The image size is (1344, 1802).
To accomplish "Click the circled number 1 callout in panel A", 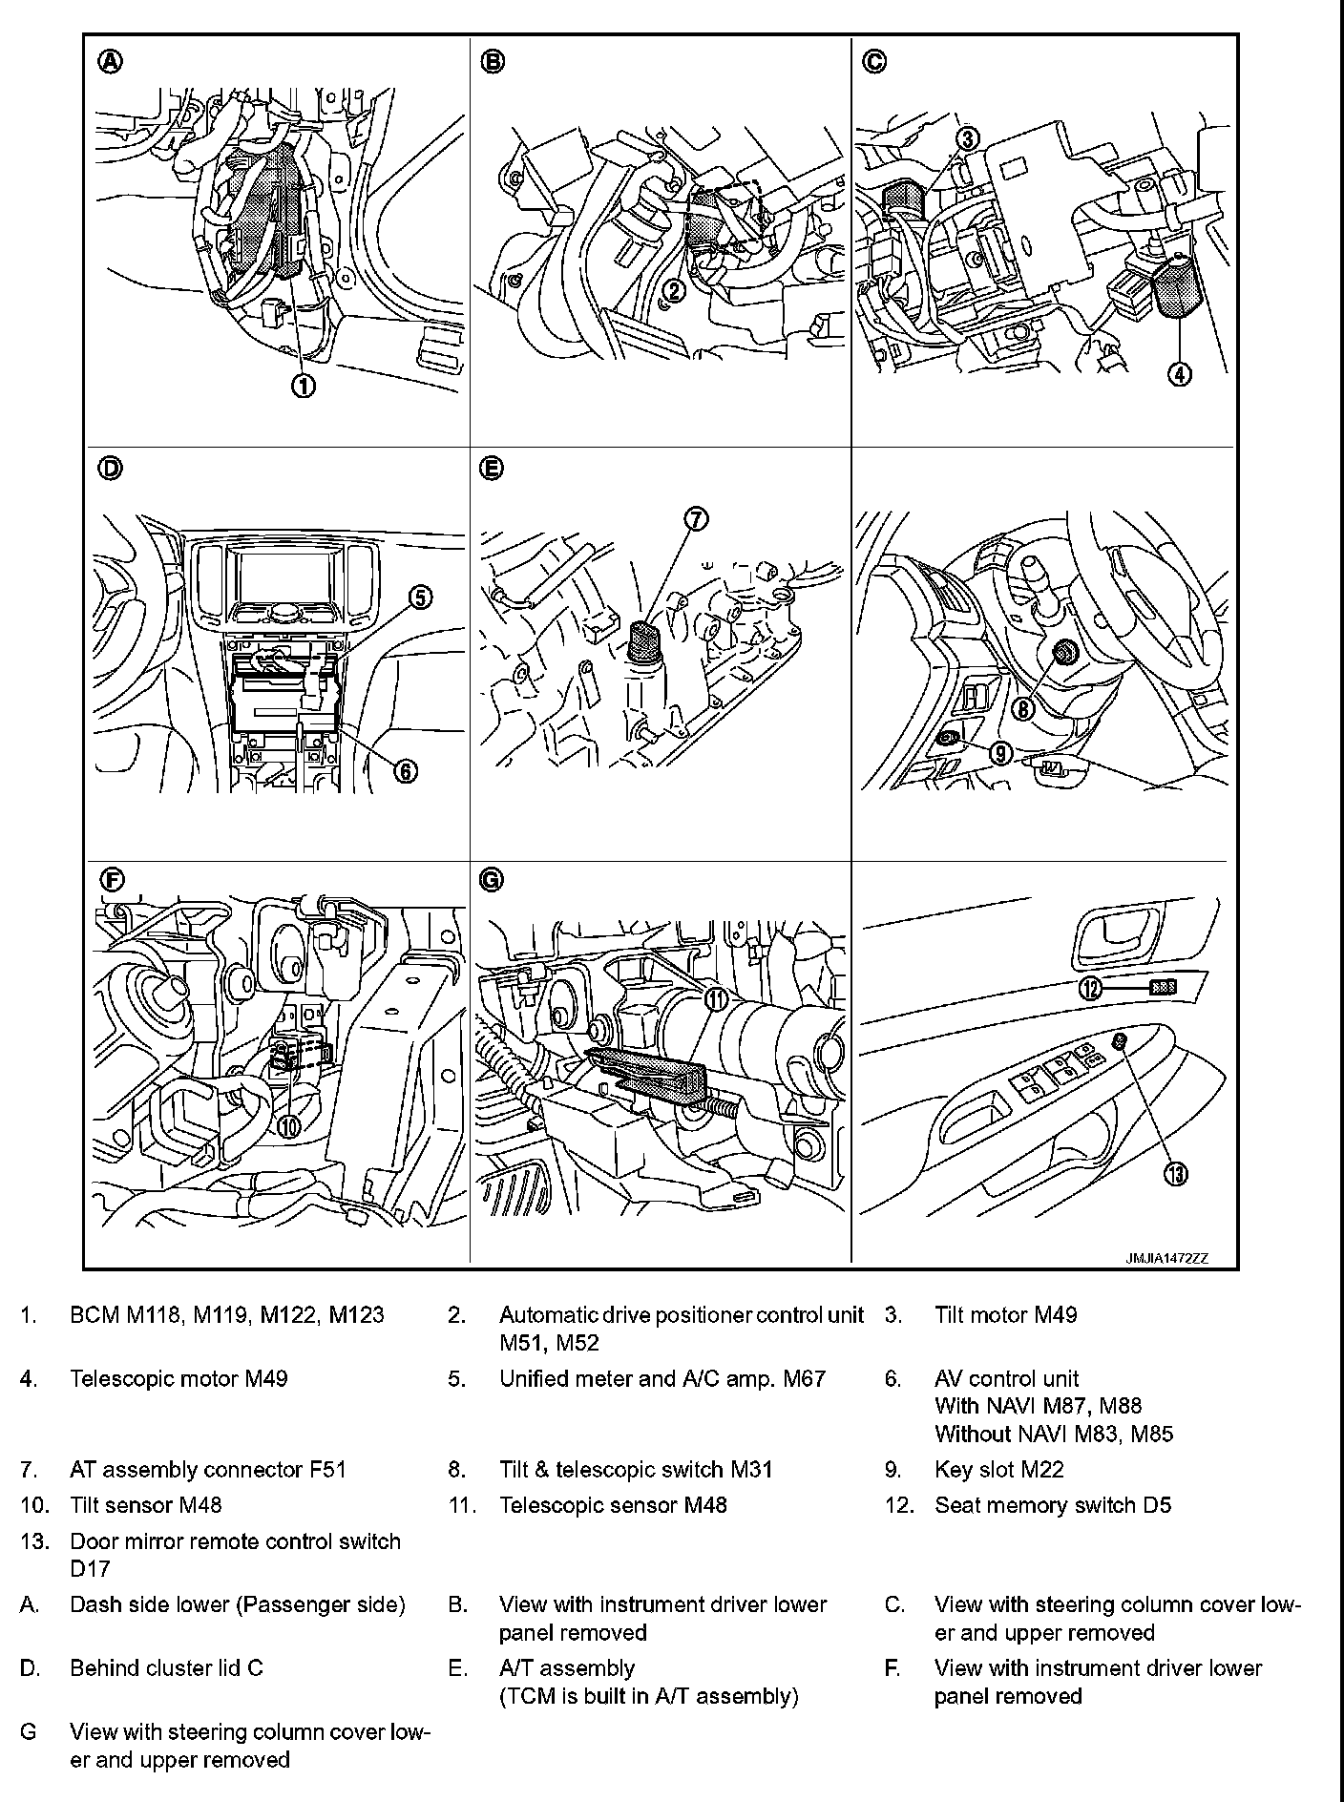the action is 304,386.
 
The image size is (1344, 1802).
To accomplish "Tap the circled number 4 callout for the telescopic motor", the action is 1179,374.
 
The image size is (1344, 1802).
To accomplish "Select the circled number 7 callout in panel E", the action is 696,518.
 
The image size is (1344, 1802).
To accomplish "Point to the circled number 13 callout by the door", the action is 1175,1174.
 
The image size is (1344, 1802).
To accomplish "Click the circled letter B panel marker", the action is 493,62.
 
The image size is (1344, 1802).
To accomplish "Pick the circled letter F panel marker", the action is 112,880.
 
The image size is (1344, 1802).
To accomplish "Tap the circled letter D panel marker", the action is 112,469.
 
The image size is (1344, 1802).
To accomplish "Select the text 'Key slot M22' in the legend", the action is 998,1469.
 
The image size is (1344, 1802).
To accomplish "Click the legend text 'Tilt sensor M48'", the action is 145,1505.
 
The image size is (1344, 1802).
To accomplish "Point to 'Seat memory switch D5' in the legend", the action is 1053,1505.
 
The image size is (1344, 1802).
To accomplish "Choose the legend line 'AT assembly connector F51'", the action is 207,1469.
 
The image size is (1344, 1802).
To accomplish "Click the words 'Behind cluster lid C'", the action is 166,1668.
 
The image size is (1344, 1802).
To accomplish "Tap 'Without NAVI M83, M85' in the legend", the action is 1054,1434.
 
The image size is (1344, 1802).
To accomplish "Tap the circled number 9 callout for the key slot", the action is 999,753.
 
